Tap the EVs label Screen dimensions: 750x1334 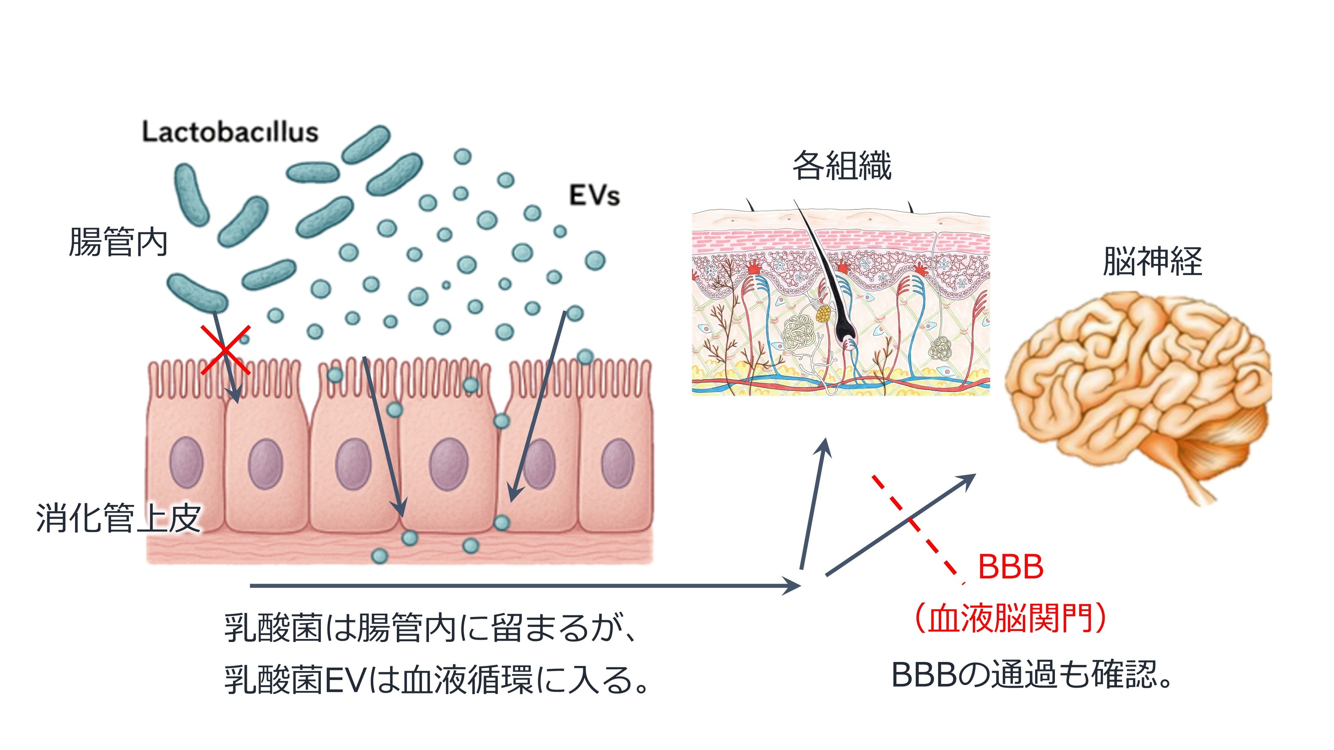[594, 196]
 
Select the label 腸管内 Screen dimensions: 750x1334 [118, 242]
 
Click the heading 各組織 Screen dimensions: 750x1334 [841, 166]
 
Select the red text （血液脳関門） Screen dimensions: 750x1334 [1010, 618]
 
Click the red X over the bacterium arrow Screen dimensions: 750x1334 [225, 350]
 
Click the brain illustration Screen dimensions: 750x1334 [1139, 383]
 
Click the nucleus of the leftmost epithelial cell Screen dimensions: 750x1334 [186, 462]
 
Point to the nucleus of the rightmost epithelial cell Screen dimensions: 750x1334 [617, 463]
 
